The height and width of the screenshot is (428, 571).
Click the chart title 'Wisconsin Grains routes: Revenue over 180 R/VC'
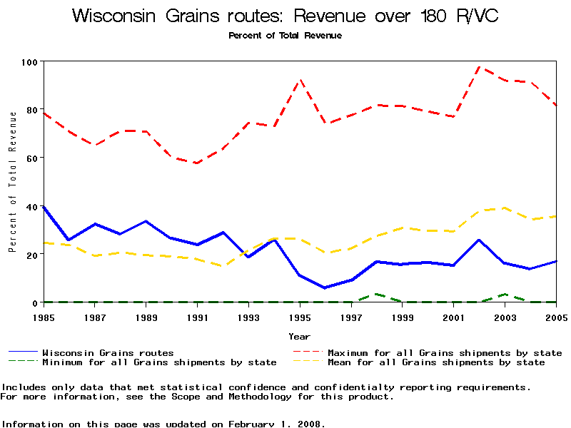point(285,16)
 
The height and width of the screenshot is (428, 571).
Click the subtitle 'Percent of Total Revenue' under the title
point(285,36)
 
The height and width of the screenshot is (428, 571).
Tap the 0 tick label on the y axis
point(34,302)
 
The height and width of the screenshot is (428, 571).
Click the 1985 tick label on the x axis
point(44,316)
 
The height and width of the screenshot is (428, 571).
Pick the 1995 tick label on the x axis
point(300,316)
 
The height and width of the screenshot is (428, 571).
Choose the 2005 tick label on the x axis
point(555,316)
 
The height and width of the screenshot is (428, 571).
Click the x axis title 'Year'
point(300,336)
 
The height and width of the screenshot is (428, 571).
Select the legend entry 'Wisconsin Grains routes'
point(108,352)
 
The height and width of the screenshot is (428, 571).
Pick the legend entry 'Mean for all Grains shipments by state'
point(436,362)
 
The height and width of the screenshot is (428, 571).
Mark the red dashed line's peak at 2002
point(480,67)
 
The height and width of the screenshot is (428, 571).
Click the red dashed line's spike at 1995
point(300,80)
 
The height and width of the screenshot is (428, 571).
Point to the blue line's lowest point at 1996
point(325,287)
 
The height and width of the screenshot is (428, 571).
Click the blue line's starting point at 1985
point(44,207)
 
